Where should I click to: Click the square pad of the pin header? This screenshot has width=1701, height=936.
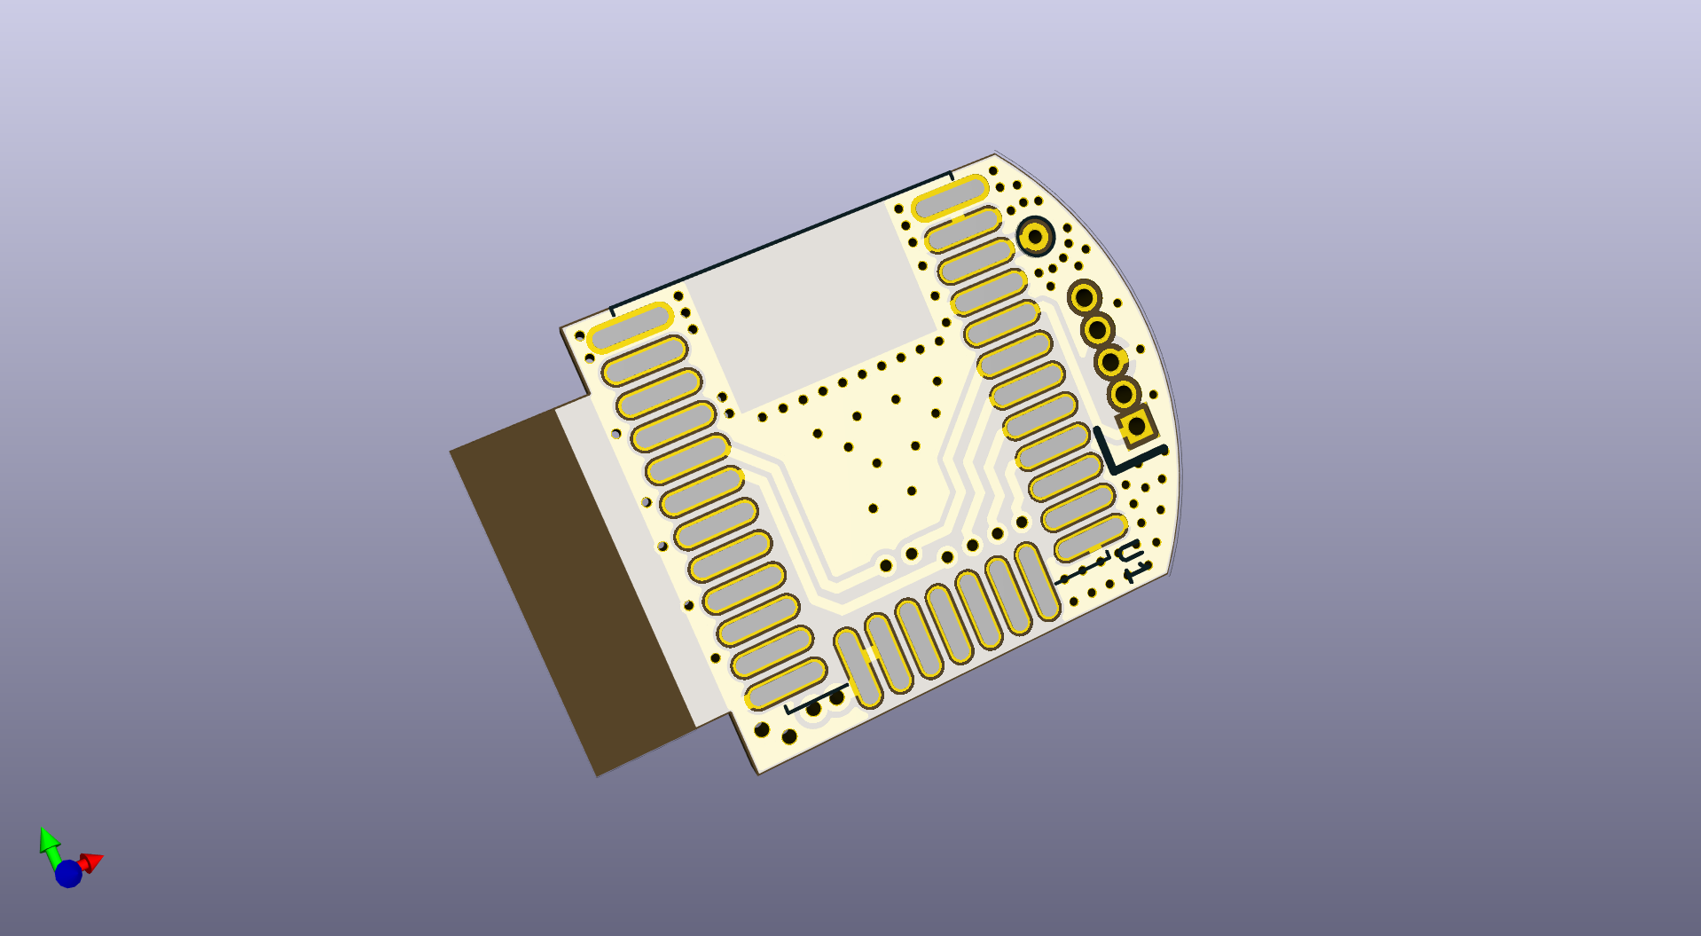point(1136,427)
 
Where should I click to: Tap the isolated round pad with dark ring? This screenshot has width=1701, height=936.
point(1034,237)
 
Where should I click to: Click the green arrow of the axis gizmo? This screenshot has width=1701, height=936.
point(49,841)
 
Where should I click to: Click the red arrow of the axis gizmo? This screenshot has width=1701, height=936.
point(91,861)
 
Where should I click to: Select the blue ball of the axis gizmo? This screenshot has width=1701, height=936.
point(68,874)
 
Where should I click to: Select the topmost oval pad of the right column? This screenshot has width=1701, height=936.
point(949,197)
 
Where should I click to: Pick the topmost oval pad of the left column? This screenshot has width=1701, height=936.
point(631,327)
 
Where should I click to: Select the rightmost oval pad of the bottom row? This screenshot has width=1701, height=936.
point(1037,581)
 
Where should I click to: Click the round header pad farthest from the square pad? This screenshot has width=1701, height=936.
point(1084,297)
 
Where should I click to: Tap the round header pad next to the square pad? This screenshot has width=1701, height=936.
point(1123,393)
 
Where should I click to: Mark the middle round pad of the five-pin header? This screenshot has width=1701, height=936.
point(1109,362)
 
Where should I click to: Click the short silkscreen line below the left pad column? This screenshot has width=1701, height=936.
point(816,697)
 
